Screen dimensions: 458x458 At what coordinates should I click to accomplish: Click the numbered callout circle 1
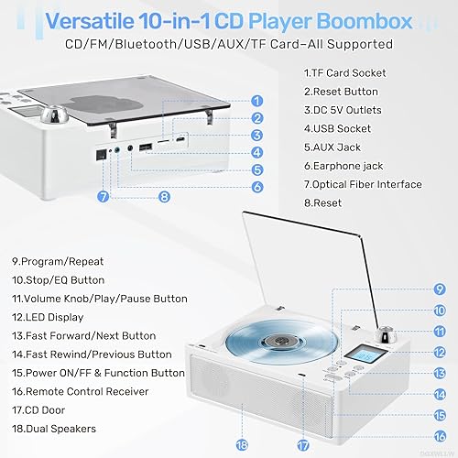coord(256,102)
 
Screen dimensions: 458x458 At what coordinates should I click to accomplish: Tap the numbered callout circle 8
coord(163,195)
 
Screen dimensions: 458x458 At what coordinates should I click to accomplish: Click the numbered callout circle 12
coord(440,353)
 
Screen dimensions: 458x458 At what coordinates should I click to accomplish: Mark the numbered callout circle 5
coord(256,169)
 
